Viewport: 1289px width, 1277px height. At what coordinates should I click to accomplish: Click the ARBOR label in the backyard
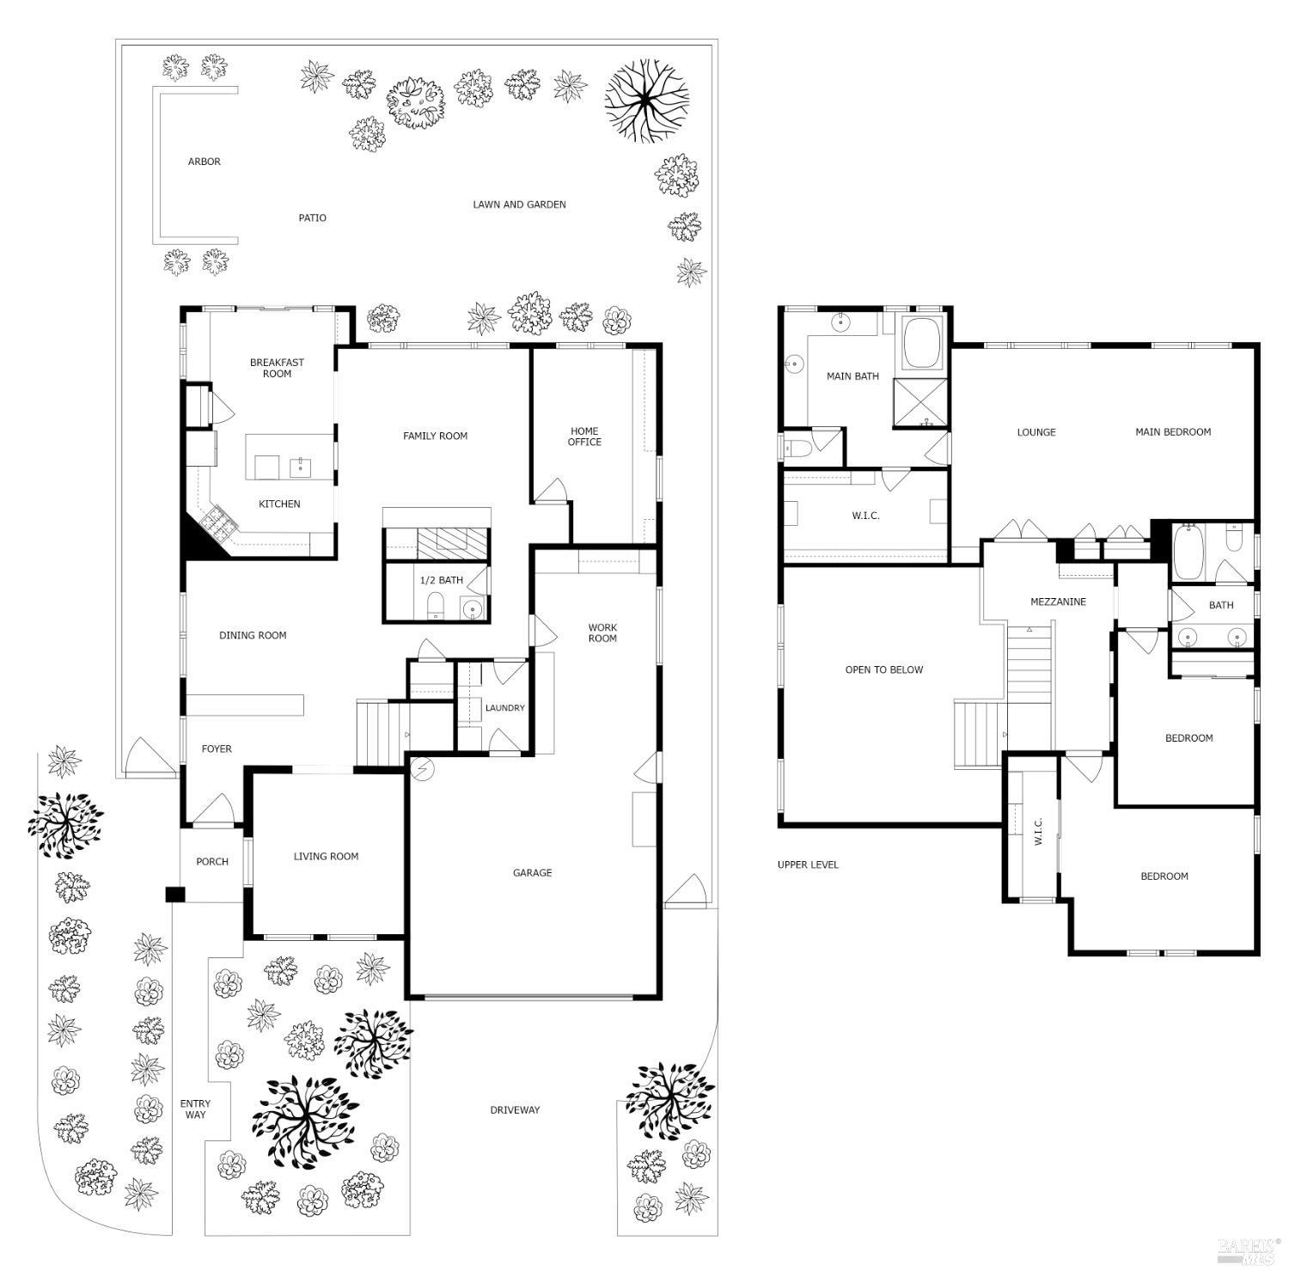(x=205, y=162)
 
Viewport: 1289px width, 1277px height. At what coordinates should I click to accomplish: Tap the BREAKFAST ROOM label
(x=277, y=368)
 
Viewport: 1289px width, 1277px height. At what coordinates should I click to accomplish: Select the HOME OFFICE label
(x=584, y=437)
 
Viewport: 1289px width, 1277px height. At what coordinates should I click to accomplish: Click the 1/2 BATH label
(x=441, y=580)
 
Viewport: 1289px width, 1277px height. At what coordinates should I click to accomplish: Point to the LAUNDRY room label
(x=504, y=708)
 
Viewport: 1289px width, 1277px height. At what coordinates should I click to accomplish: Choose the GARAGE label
(x=532, y=873)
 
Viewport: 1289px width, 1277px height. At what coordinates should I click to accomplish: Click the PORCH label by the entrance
(x=212, y=862)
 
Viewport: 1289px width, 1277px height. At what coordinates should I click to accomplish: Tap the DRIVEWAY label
(x=515, y=1110)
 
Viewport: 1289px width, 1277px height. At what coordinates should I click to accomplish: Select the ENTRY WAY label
(x=195, y=1109)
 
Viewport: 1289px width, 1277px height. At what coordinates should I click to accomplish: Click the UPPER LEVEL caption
(x=808, y=865)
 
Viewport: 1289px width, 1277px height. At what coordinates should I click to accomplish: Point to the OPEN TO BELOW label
(x=883, y=669)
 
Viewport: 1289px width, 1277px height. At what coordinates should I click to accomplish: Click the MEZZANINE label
(x=1058, y=602)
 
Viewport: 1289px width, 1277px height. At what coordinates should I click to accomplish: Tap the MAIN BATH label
(x=852, y=376)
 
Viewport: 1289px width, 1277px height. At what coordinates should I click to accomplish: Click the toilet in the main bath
(x=796, y=448)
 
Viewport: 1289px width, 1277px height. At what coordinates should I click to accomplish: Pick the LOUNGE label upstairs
(x=1035, y=432)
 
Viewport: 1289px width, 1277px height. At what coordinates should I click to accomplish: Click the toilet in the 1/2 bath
(x=435, y=605)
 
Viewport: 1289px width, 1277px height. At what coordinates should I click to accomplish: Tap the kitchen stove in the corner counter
(x=212, y=516)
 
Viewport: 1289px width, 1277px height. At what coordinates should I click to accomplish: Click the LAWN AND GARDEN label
(x=519, y=205)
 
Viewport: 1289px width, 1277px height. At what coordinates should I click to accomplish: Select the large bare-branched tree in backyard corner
(x=646, y=99)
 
